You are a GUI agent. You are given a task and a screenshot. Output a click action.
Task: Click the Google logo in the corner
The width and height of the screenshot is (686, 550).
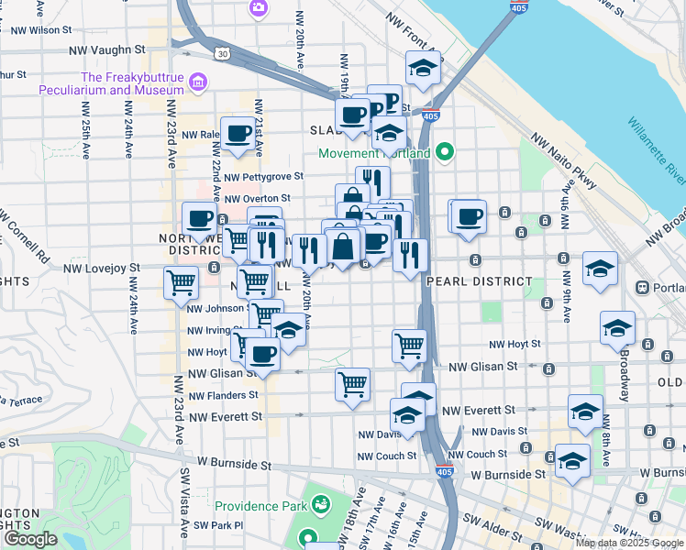pos(30,539)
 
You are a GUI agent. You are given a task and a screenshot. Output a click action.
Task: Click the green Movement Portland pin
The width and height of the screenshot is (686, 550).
pos(445,152)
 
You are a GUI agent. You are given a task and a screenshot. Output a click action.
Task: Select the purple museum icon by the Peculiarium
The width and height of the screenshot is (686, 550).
pos(195,84)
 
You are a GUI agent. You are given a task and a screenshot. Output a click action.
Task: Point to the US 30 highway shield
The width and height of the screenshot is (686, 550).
pos(223,54)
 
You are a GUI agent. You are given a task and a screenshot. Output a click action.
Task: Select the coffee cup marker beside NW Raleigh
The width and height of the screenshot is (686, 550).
pos(238,133)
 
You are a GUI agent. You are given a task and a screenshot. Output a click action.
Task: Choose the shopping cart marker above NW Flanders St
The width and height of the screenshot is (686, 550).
pos(352,384)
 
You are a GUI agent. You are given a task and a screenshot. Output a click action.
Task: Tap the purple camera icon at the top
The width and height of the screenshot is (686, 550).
pos(258,8)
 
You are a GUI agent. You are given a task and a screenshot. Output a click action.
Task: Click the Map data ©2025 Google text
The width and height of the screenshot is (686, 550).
pos(628,543)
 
